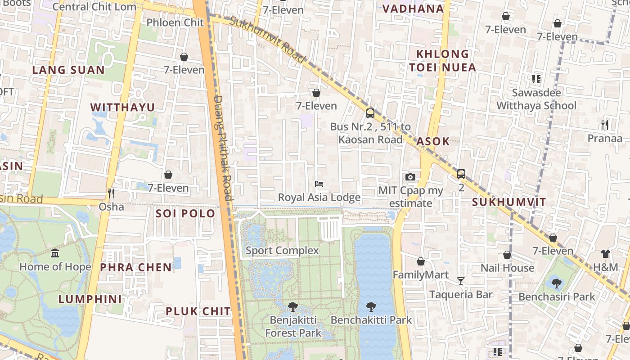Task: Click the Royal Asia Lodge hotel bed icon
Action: pyautogui.click(x=319, y=184)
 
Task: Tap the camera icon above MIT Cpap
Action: pyautogui.click(x=410, y=177)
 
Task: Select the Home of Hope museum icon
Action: pyautogui.click(x=55, y=253)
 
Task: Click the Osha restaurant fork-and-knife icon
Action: pyautogui.click(x=111, y=193)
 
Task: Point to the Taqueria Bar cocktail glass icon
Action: pyautogui.click(x=460, y=281)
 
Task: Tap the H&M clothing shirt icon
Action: pyautogui.click(x=605, y=254)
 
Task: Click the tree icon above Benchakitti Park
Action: pyautogui.click(x=371, y=307)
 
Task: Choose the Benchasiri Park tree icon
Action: pyautogui.click(x=557, y=283)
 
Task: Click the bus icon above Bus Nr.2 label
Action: pyautogui.click(x=370, y=113)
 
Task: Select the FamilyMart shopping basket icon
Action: pyautogui.click(x=421, y=261)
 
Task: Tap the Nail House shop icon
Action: pyautogui.click(x=507, y=255)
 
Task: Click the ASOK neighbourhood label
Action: pyautogui.click(x=433, y=141)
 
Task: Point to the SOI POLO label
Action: pyautogui.click(x=185, y=214)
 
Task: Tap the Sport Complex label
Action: pyautogui.click(x=282, y=251)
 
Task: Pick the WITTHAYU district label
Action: pyautogui.click(x=122, y=107)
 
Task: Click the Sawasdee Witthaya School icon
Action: pyautogui.click(x=536, y=79)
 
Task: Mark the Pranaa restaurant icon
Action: pyautogui.click(x=605, y=125)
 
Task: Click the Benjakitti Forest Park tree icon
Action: pyautogui.click(x=293, y=307)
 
